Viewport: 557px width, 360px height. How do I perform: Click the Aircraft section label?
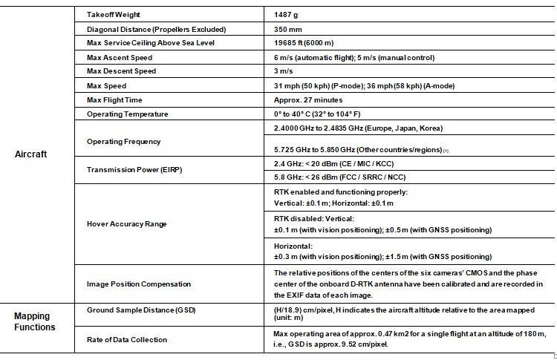coord(31,154)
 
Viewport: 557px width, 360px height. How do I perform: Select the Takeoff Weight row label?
coord(114,15)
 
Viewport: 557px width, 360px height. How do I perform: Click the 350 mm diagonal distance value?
coord(288,29)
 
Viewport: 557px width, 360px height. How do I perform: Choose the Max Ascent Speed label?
coord(120,57)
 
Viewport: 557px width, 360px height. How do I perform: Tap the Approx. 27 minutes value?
coord(307,99)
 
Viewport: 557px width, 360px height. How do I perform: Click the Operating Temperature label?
coord(127,114)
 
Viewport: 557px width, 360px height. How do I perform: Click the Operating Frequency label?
coord(123,141)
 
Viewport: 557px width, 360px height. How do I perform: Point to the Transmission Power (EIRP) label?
coord(133,169)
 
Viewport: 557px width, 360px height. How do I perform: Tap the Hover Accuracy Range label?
coord(126,223)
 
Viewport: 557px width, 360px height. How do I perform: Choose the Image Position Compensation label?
coord(139,284)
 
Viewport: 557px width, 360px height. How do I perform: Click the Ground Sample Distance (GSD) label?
coord(146,309)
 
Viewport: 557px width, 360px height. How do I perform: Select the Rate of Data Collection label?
coord(127,339)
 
